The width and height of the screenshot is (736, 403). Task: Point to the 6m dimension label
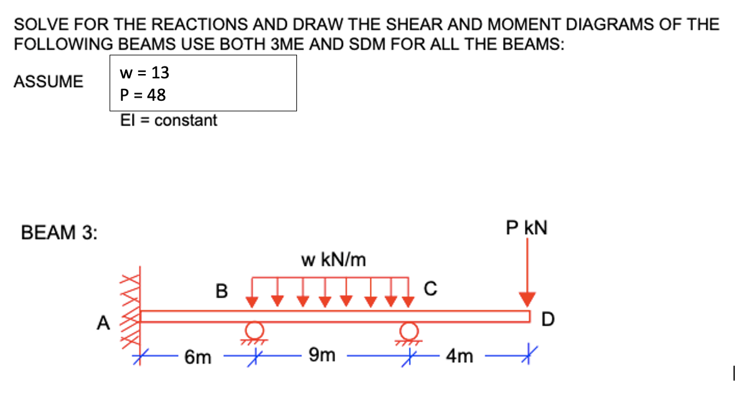click(199, 358)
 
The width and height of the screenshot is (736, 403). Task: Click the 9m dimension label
click(323, 356)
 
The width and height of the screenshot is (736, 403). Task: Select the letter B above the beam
click(221, 290)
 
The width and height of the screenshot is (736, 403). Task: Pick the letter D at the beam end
click(546, 320)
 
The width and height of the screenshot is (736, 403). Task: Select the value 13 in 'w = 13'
click(160, 73)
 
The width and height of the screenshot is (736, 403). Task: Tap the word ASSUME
click(49, 81)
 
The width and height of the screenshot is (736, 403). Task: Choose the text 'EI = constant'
click(169, 120)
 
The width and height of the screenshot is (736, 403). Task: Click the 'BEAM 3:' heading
click(59, 233)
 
